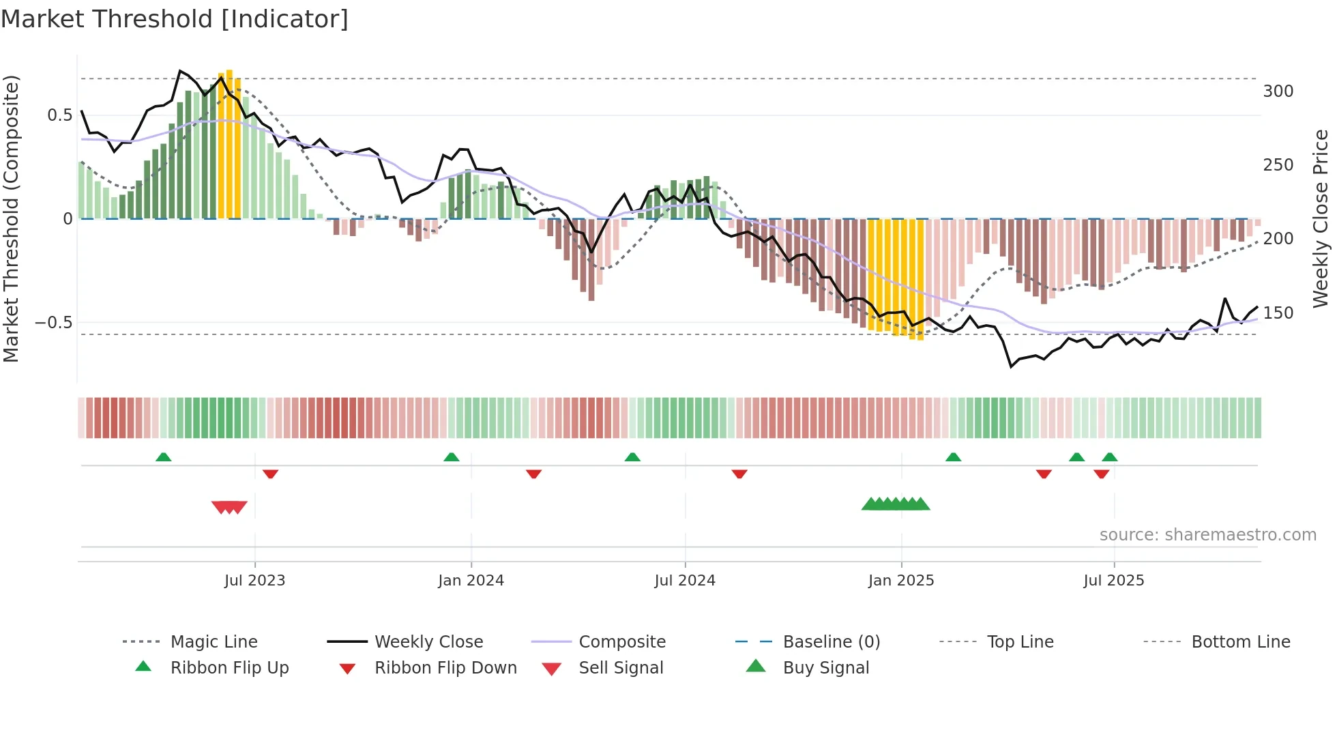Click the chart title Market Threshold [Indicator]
coord(175,19)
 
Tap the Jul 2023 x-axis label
coord(254,581)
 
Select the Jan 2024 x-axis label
coord(471,581)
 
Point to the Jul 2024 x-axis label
coord(685,581)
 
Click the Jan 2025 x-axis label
coord(901,581)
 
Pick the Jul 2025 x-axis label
coord(1114,581)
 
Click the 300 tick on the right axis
coord(1278,91)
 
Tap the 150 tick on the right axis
coord(1278,313)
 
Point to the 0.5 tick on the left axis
coord(59,115)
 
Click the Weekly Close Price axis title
coord(1321,218)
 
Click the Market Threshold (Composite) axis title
coord(11,218)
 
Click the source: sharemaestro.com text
coord(1207,535)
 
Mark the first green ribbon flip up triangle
coord(163,457)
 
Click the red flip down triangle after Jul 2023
coord(270,474)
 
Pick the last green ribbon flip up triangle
coord(1109,457)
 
